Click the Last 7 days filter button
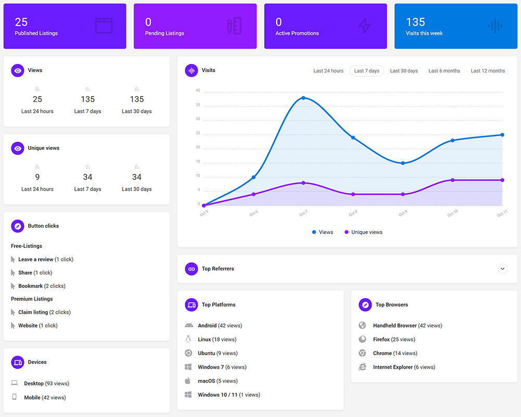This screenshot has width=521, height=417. click(366, 71)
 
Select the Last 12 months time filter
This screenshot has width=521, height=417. click(488, 71)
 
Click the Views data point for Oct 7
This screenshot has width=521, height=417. click(303, 98)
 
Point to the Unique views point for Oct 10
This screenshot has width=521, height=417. click(452, 180)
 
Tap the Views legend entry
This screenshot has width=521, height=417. click(322, 232)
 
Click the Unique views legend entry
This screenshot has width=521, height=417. click(363, 232)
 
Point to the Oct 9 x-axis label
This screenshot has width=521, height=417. click(403, 213)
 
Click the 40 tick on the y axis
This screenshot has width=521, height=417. click(198, 91)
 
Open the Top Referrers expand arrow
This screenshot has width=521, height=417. click(502, 269)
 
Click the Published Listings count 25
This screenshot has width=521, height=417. click(21, 22)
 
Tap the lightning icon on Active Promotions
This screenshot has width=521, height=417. click(364, 26)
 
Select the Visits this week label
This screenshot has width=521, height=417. click(424, 33)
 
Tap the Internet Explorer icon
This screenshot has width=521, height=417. click(362, 367)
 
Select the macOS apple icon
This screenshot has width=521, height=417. click(188, 381)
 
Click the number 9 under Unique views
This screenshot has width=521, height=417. click(38, 177)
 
